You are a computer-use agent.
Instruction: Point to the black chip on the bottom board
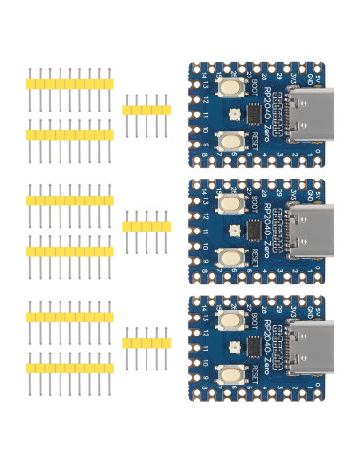(253, 347)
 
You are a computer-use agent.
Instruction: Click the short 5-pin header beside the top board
(146, 110)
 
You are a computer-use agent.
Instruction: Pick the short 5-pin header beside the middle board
(146, 226)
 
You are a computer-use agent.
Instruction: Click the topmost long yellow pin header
(70, 84)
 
